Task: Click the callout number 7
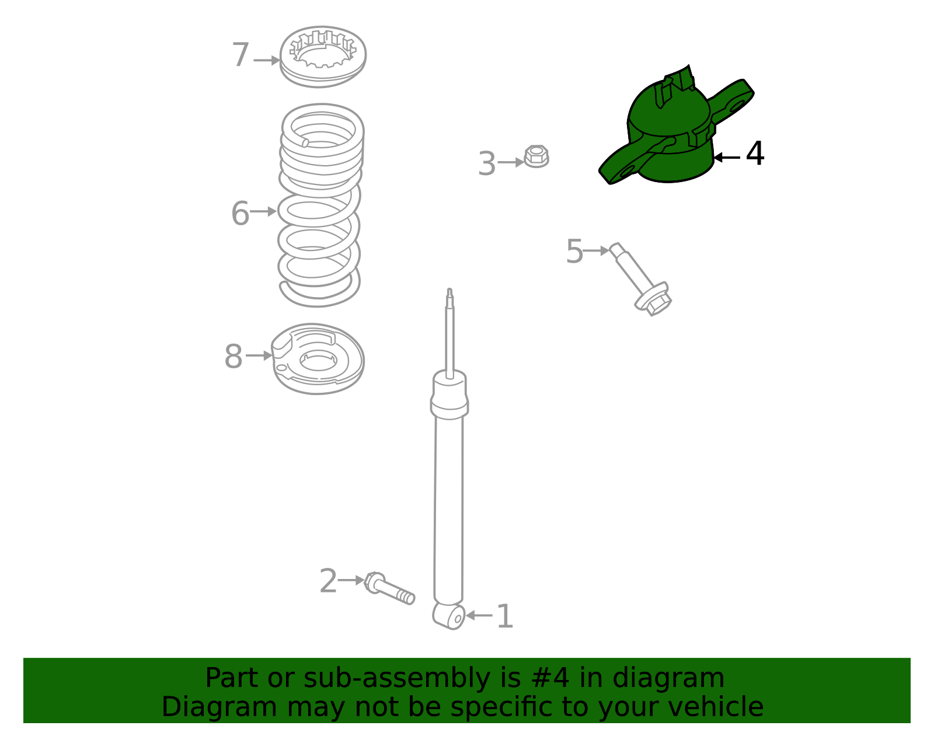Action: click(x=241, y=55)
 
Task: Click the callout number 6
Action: click(x=241, y=213)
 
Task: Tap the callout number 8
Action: click(x=233, y=356)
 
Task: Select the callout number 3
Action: click(x=487, y=163)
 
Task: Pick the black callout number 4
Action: click(x=755, y=154)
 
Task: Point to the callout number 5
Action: click(x=574, y=252)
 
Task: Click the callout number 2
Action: click(x=328, y=581)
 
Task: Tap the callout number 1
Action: click(x=504, y=616)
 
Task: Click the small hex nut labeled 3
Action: click(x=536, y=156)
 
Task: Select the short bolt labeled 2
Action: click(x=389, y=588)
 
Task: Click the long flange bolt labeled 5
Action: click(x=640, y=279)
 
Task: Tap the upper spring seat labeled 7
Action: click(x=323, y=57)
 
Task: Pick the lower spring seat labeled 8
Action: click(x=318, y=359)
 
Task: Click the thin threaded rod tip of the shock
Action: click(x=449, y=298)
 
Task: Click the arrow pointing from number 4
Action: click(x=727, y=158)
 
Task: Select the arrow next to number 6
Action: click(x=263, y=211)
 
